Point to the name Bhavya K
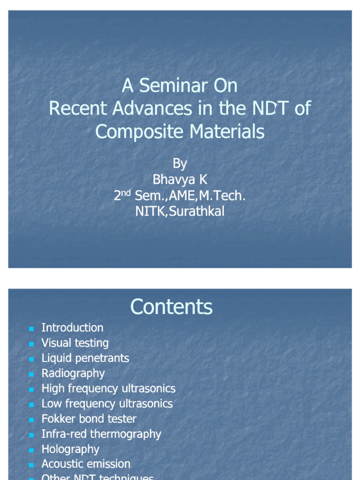tap(180, 180)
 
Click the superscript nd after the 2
tap(127, 193)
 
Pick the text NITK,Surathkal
tap(180, 211)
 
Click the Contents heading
tap(171, 307)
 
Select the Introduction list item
tap(72, 328)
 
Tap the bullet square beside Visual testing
tap(31, 344)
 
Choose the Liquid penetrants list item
tap(85, 358)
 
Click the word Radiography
tap(73, 373)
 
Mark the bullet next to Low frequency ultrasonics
tap(31, 404)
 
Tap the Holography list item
tap(70, 449)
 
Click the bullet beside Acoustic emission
tap(31, 465)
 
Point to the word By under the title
tap(180, 164)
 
